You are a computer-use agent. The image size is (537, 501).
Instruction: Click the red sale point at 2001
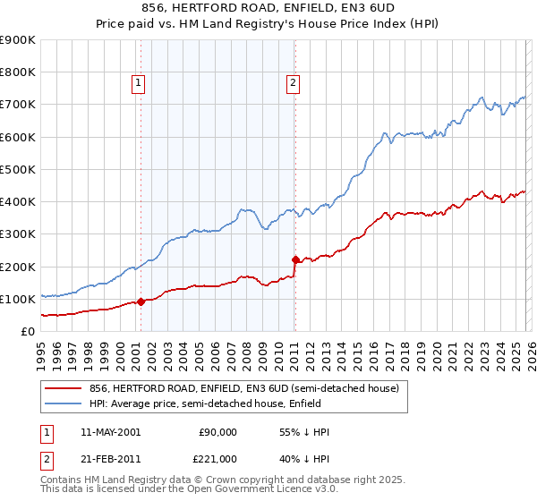pyautogui.click(x=141, y=301)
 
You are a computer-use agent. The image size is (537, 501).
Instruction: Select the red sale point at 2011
pyautogui.click(x=295, y=259)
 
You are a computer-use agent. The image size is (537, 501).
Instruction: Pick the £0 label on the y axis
pyautogui.click(x=27, y=332)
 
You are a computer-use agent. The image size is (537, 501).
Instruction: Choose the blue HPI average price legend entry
pyautogui.click(x=224, y=403)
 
